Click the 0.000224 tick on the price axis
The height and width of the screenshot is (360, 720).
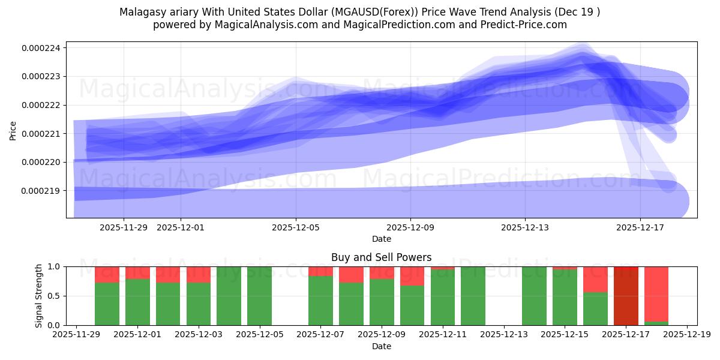[44, 48]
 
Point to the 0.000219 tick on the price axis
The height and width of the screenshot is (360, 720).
[44, 191]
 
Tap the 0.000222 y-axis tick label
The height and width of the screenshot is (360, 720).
[44, 105]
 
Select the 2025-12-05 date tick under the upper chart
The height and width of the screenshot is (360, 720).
[296, 227]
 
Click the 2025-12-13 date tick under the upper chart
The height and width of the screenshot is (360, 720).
[525, 227]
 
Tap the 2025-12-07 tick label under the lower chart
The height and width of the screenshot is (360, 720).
[320, 335]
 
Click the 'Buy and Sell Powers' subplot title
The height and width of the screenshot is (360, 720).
[381, 257]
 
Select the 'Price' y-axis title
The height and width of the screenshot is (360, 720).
[13, 130]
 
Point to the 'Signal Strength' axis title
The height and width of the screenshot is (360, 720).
[39, 296]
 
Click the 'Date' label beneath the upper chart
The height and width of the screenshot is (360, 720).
[381, 239]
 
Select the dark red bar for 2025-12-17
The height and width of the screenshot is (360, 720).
[626, 296]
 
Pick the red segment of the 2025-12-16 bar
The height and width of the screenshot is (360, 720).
[595, 279]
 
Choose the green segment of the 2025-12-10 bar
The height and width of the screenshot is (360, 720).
[412, 305]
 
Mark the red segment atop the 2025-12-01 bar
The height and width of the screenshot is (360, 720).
[137, 272]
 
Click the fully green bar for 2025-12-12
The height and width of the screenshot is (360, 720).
[473, 296]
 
